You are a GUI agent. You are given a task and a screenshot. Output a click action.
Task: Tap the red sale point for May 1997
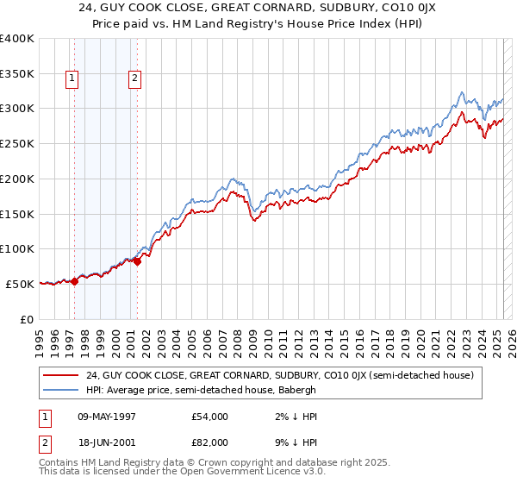coord(74,280)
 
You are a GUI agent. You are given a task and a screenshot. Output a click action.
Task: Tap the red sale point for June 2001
coord(137,261)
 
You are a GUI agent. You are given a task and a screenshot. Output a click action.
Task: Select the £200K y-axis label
coord(17,179)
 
